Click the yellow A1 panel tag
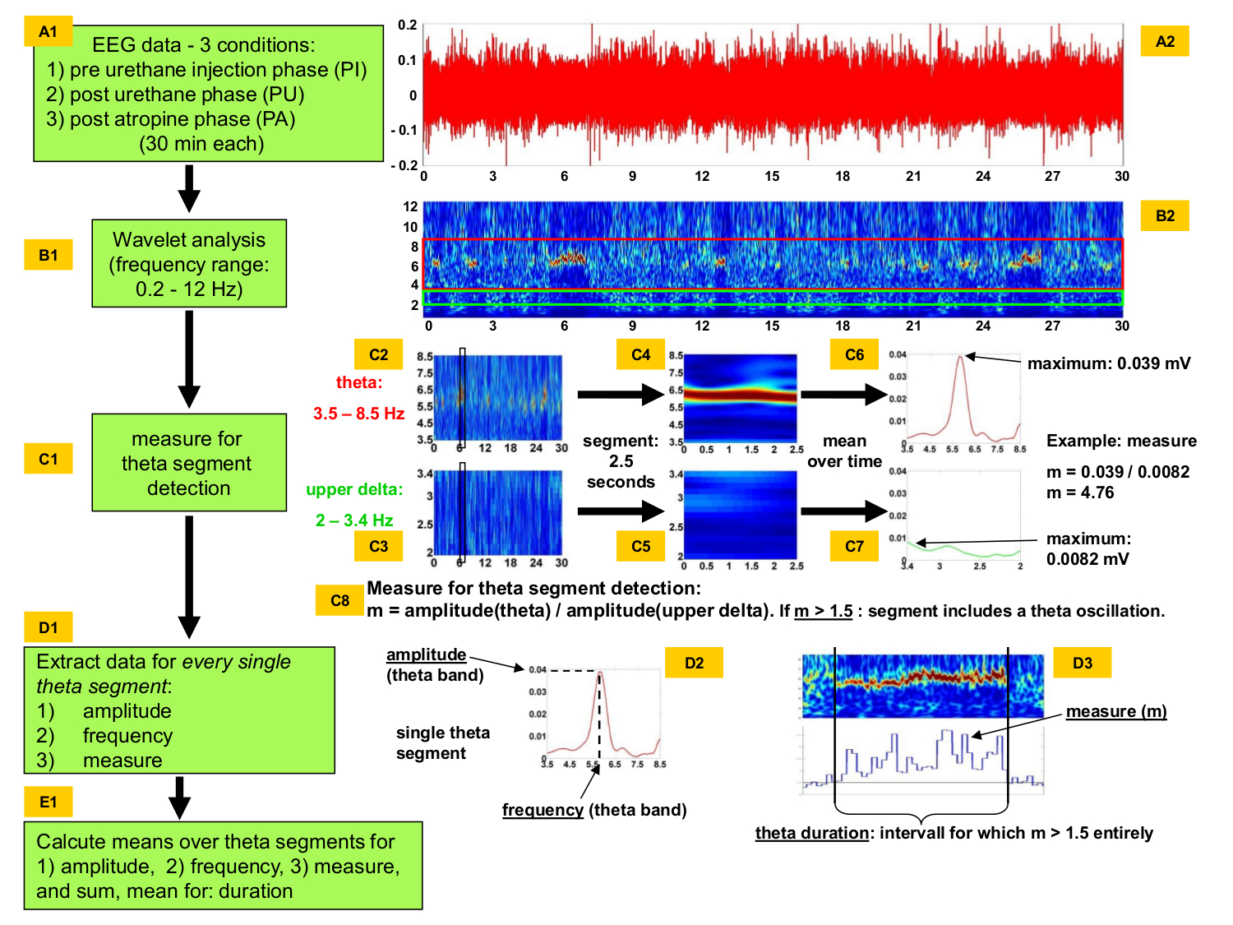[x=48, y=32]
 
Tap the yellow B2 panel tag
[x=1165, y=216]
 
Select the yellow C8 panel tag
[x=339, y=600]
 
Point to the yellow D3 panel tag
[x=1082, y=663]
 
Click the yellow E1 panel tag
[x=48, y=802]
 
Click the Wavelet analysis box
[x=189, y=264]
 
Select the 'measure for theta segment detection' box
[x=189, y=463]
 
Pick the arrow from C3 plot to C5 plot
[x=620, y=511]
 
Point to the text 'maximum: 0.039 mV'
[x=1108, y=363]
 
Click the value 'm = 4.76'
[x=1080, y=493]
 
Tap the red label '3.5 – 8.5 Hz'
[x=358, y=414]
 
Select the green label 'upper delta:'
[x=354, y=490]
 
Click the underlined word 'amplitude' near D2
[x=426, y=654]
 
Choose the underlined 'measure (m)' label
[x=1116, y=711]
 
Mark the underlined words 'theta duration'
[x=811, y=833]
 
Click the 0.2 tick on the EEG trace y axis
[x=408, y=25]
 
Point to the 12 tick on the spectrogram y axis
[x=410, y=206]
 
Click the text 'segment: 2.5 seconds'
[x=621, y=461]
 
